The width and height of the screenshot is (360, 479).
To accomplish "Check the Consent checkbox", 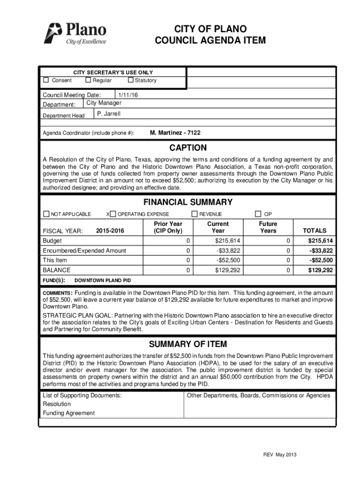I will point(46,80).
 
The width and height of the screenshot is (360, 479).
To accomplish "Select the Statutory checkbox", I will point(131,80).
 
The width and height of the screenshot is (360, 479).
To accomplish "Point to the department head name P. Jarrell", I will point(109,114).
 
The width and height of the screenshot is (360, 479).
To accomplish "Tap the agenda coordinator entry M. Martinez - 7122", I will point(175,133).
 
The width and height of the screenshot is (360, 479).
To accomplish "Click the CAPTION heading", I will point(187,148).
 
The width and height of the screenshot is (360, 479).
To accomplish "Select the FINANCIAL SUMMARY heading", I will point(187,202).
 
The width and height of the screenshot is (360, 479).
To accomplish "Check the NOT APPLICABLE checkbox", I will point(46,214).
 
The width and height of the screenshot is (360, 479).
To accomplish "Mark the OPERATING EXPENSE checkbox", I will point(113,214).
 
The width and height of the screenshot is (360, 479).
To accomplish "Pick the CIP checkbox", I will point(258,214).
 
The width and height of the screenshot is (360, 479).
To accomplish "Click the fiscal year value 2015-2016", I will point(110,231).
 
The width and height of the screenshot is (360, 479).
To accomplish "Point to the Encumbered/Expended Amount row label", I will point(84,250).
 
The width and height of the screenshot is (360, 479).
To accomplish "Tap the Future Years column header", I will point(268,227).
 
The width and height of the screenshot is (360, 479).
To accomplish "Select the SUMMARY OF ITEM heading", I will point(187,344).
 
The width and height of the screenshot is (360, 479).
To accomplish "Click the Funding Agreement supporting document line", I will point(69,413).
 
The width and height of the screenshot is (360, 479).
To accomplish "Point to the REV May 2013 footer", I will point(280,455).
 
